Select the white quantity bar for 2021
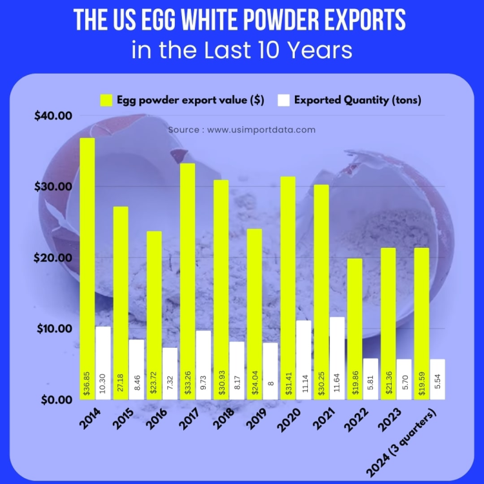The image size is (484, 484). (x=336, y=358)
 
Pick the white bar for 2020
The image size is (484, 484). (x=303, y=359)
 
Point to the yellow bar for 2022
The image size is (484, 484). (x=354, y=328)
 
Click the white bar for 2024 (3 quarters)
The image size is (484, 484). (x=437, y=379)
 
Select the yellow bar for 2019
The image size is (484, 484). (x=254, y=314)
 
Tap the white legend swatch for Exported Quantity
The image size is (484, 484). (x=283, y=100)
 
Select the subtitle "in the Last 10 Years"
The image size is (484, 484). (x=242, y=50)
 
